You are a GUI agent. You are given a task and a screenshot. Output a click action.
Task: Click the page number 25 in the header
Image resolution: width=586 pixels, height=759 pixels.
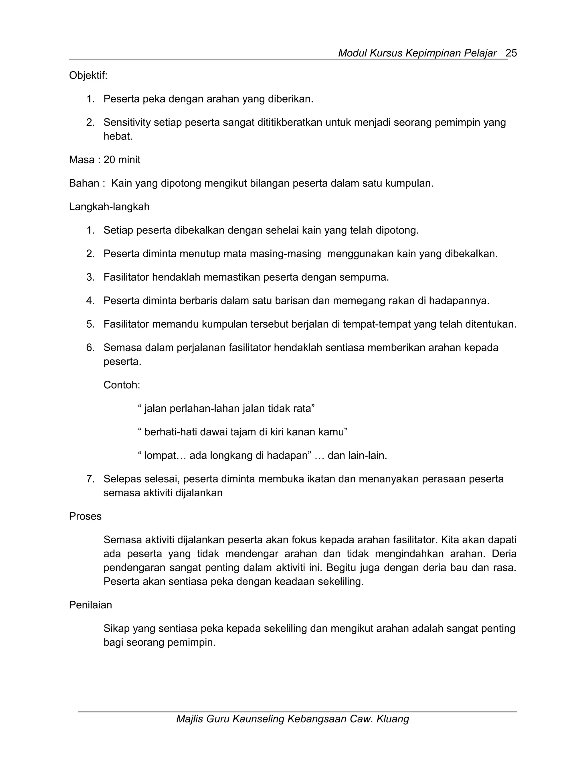coord(511,53)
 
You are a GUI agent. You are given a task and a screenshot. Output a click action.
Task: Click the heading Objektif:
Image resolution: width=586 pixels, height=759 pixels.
coord(88,75)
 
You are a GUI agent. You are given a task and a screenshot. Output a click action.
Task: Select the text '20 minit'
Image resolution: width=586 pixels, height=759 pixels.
coord(122,160)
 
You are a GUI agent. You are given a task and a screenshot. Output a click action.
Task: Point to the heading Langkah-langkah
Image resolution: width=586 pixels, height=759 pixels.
coord(109,207)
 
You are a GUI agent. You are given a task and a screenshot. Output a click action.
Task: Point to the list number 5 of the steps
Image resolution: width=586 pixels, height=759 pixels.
coord(90,324)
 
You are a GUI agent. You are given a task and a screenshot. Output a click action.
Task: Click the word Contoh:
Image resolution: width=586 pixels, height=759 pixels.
coord(122,385)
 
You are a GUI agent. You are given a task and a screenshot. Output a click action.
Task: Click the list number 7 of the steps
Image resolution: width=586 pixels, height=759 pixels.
coord(90,479)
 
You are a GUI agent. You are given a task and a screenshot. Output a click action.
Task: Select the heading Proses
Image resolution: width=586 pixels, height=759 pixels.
coord(85,516)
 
